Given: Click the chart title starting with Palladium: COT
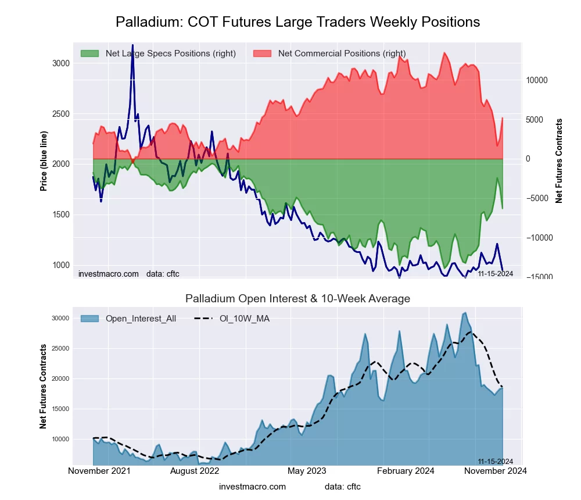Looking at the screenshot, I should click(x=297, y=22).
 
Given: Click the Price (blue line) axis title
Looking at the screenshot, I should click(x=44, y=161).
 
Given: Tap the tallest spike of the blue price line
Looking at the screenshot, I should click(x=132, y=45).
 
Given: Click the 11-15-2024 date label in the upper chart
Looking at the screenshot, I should click(x=495, y=273).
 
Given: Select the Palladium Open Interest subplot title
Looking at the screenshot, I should click(x=297, y=299).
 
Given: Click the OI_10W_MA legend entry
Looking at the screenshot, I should click(x=243, y=318).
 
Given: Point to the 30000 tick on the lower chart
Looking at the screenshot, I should click(x=60, y=318).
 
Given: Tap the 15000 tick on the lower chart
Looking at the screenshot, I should click(x=60, y=409).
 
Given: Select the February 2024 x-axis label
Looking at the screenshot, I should click(x=406, y=471).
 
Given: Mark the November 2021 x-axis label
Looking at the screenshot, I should click(x=99, y=471).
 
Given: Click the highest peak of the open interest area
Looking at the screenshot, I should click(x=465, y=313).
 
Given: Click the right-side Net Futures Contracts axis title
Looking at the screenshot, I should click(x=559, y=161).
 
